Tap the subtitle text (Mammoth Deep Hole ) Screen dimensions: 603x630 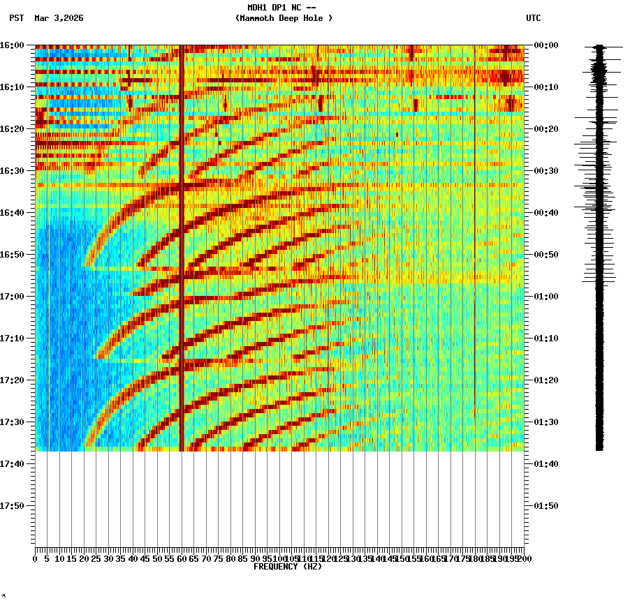click(284, 18)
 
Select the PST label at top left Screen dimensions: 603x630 click(17, 18)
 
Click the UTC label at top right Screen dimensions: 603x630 click(533, 18)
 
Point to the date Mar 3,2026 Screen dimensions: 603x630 click(59, 18)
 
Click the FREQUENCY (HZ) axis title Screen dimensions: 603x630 click(287, 567)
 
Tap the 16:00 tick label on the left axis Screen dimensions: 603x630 click(13, 45)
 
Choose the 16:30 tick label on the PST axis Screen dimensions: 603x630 click(13, 171)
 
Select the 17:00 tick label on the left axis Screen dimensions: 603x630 click(13, 297)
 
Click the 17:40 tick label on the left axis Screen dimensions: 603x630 click(13, 464)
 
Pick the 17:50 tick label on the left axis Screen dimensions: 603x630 click(13, 506)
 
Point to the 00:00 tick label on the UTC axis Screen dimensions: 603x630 click(545, 45)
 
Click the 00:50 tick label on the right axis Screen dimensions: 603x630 click(545, 255)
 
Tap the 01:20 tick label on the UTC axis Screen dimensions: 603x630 click(545, 380)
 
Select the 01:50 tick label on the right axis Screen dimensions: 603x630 click(545, 506)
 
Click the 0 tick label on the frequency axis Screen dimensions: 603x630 click(36, 559)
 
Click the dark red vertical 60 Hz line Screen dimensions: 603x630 click(182, 244)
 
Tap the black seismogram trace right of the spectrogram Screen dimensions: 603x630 click(599, 244)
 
